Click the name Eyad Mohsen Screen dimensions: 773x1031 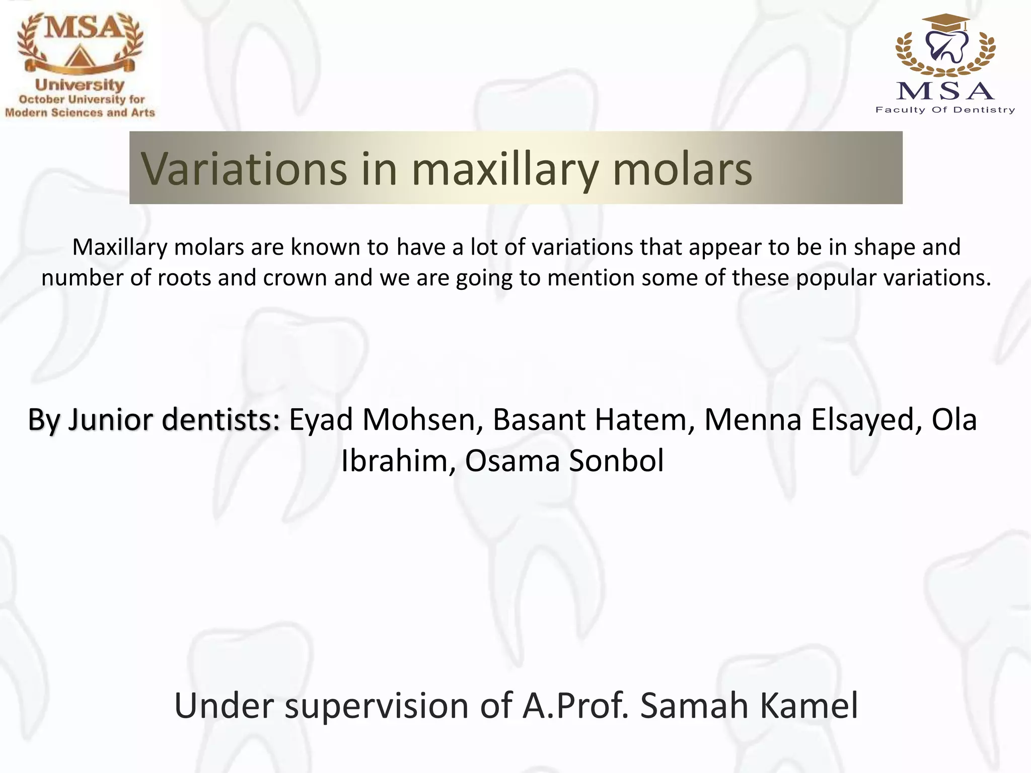[382, 419]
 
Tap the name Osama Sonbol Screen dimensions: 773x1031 [564, 460]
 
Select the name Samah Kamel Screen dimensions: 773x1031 [749, 706]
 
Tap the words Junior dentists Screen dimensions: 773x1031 [174, 419]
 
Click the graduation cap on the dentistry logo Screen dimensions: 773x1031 [945, 23]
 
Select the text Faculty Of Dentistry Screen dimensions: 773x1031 [945, 110]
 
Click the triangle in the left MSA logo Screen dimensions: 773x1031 [79, 56]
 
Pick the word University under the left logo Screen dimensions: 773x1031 [80, 85]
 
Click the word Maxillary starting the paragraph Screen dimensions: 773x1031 [120, 247]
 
